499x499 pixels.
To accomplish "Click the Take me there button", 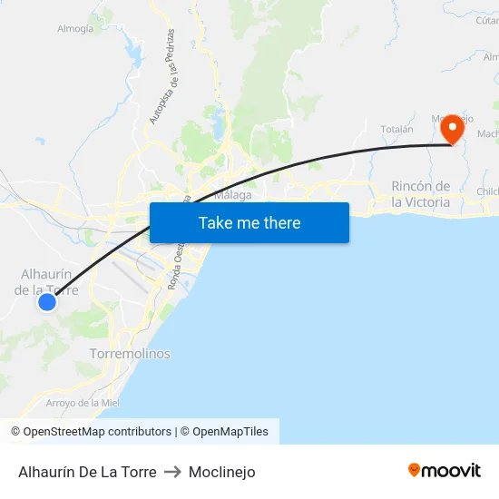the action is [249, 222].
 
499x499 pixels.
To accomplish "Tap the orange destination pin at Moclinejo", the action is [452, 129].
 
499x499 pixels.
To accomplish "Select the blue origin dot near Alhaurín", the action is [47, 302].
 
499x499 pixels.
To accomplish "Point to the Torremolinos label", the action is [130, 353].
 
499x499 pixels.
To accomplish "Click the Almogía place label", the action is [75, 29].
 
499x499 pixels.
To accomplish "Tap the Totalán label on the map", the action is [396, 130].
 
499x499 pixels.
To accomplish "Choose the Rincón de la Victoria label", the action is [420, 194].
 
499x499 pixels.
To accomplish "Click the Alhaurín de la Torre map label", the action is [46, 282].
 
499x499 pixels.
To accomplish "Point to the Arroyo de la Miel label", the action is [83, 403].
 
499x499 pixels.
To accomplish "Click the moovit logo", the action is [445, 471].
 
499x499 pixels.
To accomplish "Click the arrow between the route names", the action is [172, 472].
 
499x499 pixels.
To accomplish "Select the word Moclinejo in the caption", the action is [221, 472].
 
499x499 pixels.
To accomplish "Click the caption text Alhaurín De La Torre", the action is [87, 472].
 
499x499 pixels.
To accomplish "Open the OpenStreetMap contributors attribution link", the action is [91, 432].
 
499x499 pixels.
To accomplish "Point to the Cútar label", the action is [487, 20].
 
